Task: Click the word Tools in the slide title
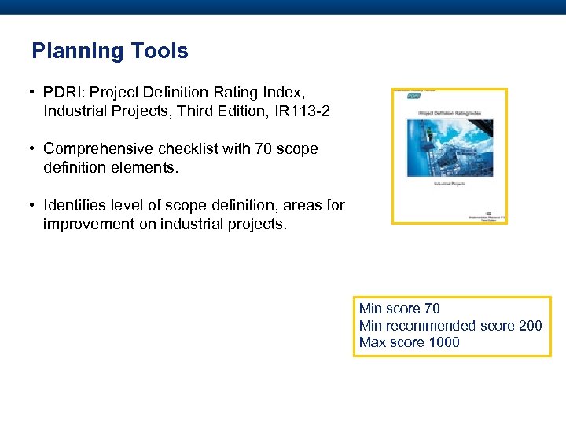tap(160, 52)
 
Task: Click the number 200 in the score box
tap(531, 325)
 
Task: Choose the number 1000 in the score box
tap(444, 342)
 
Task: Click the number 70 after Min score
tap(432, 309)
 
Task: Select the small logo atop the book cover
tap(413, 96)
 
